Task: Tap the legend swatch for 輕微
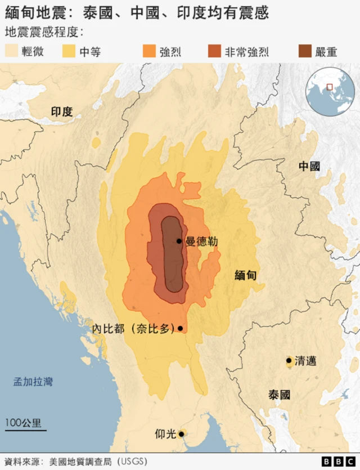[x=11, y=52]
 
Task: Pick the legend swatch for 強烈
[x=149, y=52]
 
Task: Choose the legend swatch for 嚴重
[x=304, y=52]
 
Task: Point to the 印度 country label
[x=62, y=111]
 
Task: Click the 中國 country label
[x=309, y=166]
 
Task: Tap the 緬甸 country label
[x=246, y=275]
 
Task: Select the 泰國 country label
[x=280, y=395]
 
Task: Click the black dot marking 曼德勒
[x=179, y=241]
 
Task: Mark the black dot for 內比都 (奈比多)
[x=180, y=328]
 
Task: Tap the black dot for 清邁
[x=289, y=360]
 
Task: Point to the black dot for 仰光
[x=181, y=434]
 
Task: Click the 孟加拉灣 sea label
[x=33, y=382]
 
